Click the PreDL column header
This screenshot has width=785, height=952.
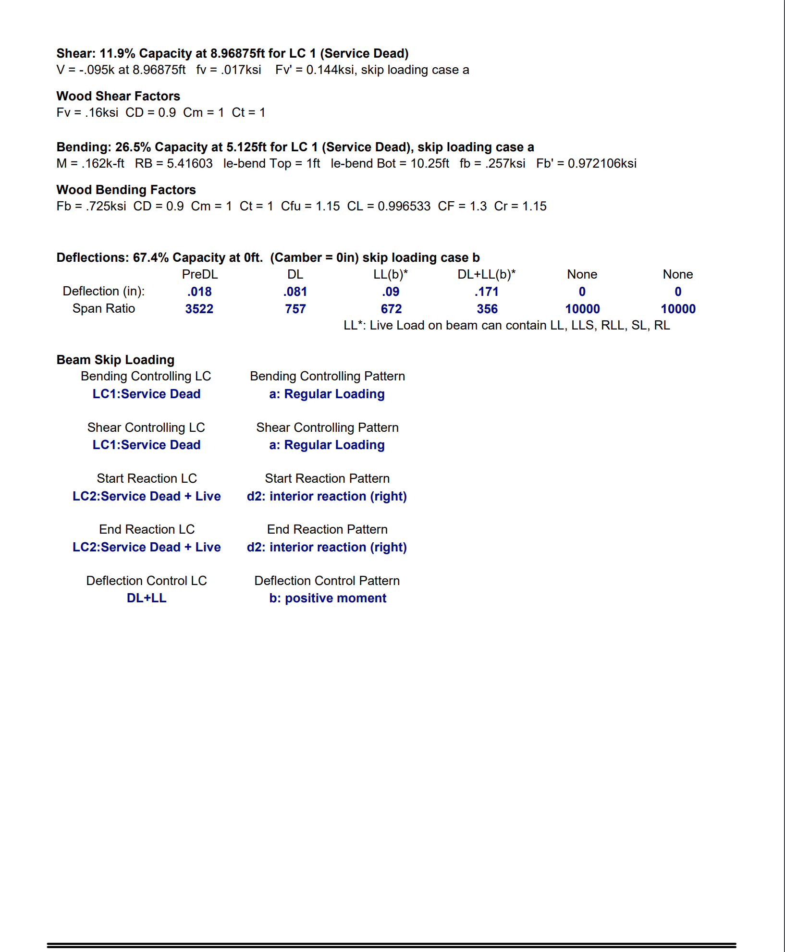(199, 274)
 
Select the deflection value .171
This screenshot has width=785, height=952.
(486, 292)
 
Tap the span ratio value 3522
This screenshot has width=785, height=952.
(199, 309)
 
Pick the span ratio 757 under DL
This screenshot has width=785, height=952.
(295, 309)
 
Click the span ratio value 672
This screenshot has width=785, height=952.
(391, 309)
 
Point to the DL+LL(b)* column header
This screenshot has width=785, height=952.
(486, 274)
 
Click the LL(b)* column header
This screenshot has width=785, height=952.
(391, 274)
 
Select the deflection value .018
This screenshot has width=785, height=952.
(199, 292)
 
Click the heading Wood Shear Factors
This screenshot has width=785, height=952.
(118, 96)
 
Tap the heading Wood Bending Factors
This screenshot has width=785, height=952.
(126, 190)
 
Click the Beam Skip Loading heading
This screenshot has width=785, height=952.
(115, 360)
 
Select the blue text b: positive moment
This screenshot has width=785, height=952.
(328, 598)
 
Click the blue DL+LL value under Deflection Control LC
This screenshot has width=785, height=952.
(147, 598)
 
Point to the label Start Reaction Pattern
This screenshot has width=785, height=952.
(327, 478)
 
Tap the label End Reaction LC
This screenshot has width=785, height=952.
(147, 529)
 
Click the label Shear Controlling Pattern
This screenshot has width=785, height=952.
(327, 427)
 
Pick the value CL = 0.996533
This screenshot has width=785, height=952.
(389, 206)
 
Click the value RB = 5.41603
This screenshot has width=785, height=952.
(173, 163)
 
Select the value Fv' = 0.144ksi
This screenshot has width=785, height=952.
(315, 70)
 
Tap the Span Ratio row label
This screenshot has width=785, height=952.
(104, 308)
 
